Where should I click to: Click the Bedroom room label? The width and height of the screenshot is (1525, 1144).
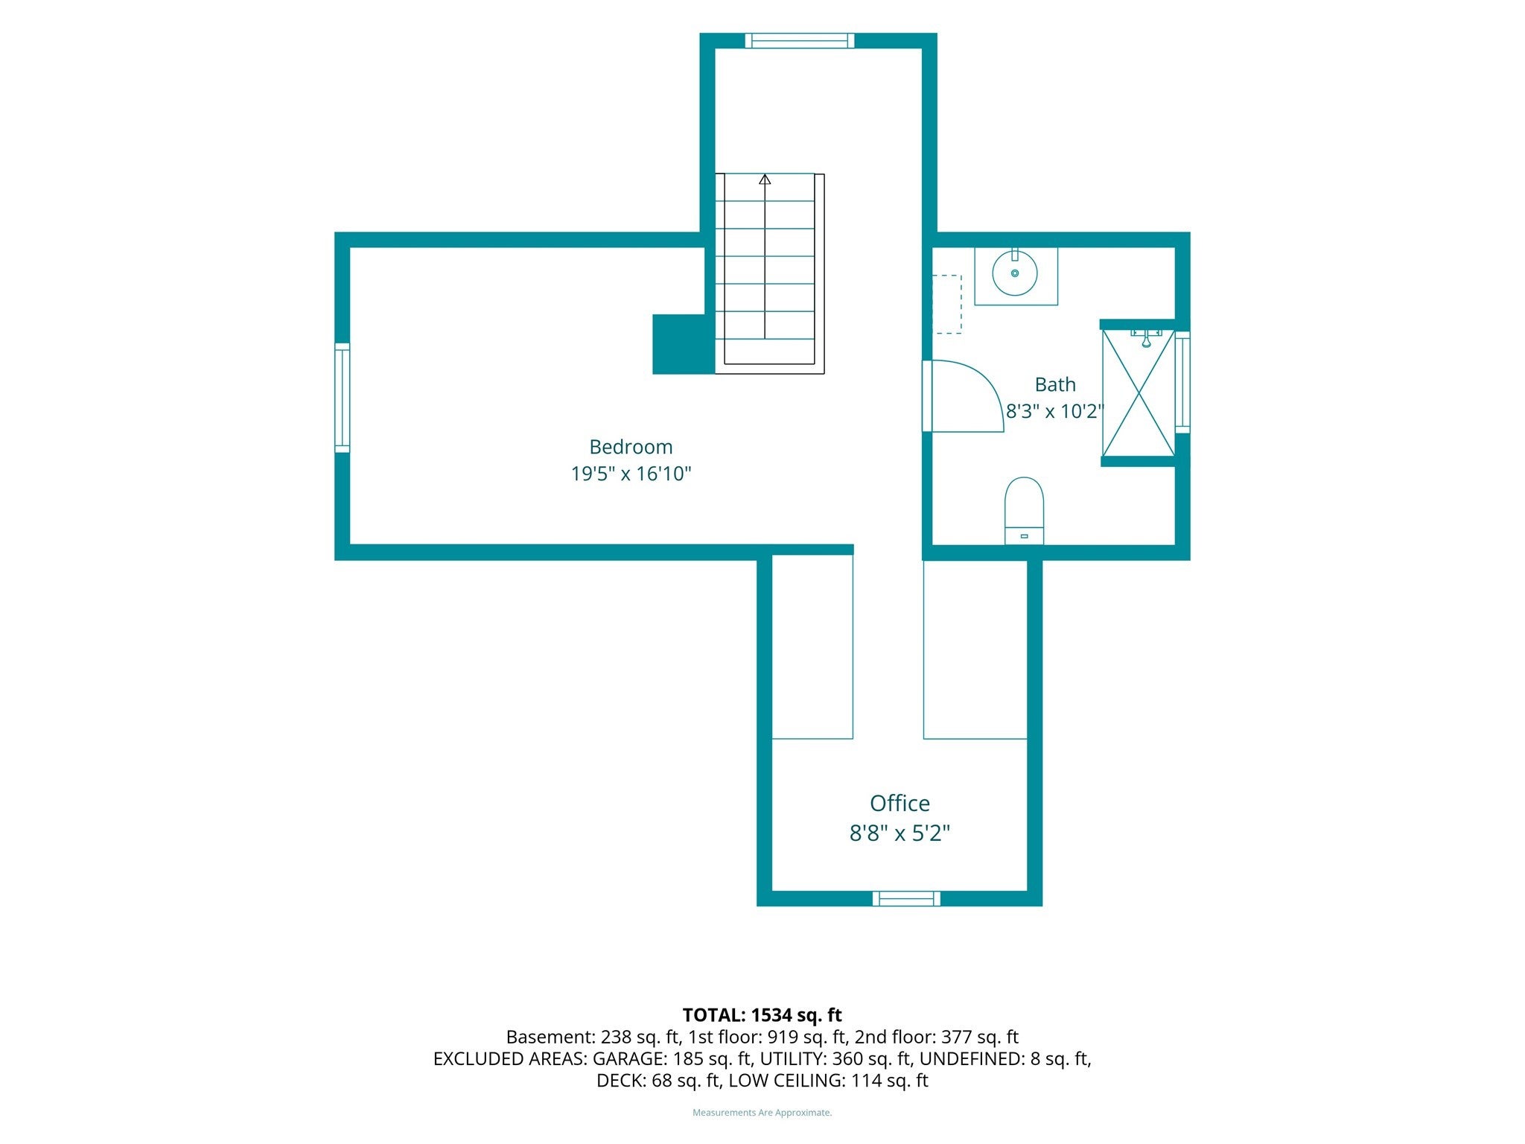pyautogui.click(x=631, y=447)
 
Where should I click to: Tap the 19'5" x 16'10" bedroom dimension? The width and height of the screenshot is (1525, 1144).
pyautogui.click(x=631, y=474)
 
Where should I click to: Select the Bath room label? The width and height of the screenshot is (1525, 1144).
pyautogui.click(x=1055, y=384)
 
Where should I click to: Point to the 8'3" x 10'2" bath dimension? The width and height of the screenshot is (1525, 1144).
pyautogui.click(x=1054, y=411)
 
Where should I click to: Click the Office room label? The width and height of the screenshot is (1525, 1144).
pyautogui.click(x=900, y=803)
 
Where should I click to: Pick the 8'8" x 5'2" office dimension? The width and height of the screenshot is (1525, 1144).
pyautogui.click(x=900, y=833)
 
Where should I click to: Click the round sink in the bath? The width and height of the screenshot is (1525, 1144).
pyautogui.click(x=1015, y=273)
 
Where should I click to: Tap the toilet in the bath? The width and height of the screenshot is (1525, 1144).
pyautogui.click(x=1024, y=511)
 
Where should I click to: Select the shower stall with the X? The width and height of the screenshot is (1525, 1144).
pyautogui.click(x=1138, y=393)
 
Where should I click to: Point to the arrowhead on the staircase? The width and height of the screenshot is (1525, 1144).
pyautogui.click(x=765, y=179)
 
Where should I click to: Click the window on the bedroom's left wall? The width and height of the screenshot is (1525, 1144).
pyautogui.click(x=342, y=398)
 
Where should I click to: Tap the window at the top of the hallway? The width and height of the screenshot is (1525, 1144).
pyautogui.click(x=800, y=40)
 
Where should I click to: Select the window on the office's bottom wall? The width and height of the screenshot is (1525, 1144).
pyautogui.click(x=906, y=898)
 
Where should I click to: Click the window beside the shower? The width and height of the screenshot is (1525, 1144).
pyautogui.click(x=1182, y=382)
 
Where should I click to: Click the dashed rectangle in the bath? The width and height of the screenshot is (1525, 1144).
pyautogui.click(x=947, y=305)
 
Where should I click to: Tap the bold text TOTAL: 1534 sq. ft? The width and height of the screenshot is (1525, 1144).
pyautogui.click(x=762, y=1015)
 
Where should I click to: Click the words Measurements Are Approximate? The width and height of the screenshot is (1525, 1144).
pyautogui.click(x=762, y=1113)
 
